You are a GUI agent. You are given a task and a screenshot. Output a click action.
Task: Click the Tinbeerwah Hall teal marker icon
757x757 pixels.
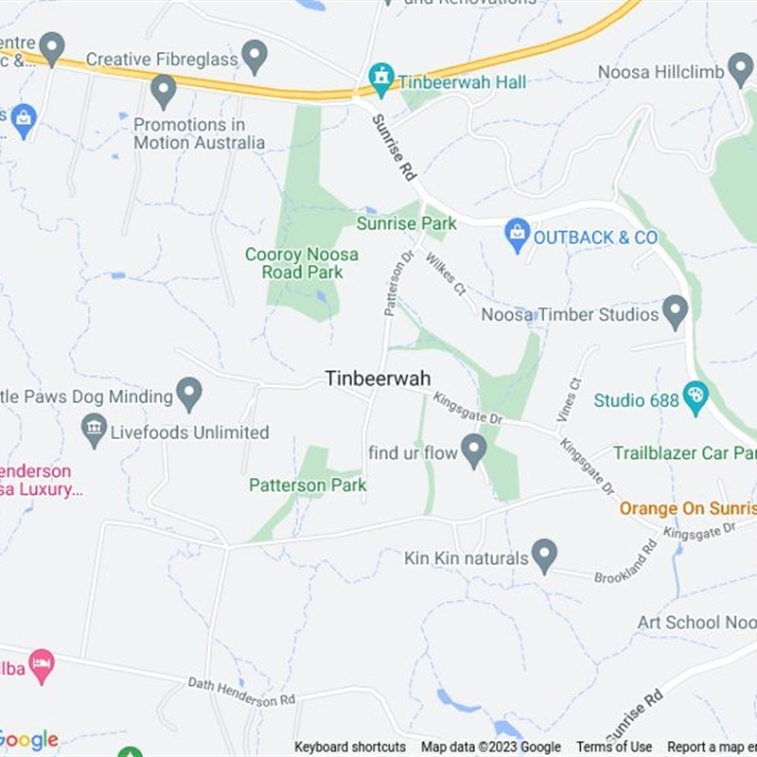click(x=381, y=79)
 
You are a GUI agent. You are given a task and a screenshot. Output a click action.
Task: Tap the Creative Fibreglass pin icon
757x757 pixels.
click(x=255, y=56)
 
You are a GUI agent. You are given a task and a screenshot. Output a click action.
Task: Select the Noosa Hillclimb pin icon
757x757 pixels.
click(x=740, y=69)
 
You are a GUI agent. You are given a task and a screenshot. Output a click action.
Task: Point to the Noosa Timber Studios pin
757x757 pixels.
click(x=675, y=311)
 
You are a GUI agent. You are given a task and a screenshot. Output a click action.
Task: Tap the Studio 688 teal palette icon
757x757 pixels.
click(x=695, y=397)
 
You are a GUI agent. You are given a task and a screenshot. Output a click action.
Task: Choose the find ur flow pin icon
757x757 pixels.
click(x=473, y=449)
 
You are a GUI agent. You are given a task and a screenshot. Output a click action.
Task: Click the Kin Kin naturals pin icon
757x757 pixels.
click(x=544, y=555)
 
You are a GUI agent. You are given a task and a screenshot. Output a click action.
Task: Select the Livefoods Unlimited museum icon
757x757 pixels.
click(x=94, y=431)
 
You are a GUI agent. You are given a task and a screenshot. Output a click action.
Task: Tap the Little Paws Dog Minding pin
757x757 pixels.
click(x=190, y=394)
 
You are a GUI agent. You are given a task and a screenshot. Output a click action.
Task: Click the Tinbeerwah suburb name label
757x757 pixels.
click(x=378, y=378)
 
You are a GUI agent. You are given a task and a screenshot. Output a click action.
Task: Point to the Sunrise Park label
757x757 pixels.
click(x=406, y=223)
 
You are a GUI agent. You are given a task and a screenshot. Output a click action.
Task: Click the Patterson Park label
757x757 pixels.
click(x=308, y=485)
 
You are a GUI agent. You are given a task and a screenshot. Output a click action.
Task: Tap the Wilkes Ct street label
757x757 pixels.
click(x=446, y=272)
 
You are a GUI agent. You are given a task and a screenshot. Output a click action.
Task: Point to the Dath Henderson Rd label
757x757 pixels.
click(x=241, y=691)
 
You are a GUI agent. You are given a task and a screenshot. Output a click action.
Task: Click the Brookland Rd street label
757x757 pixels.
click(x=625, y=562)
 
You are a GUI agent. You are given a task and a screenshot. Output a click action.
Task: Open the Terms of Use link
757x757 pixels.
click(x=614, y=748)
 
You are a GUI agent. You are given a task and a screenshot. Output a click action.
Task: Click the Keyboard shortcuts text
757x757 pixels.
click(x=350, y=748)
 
